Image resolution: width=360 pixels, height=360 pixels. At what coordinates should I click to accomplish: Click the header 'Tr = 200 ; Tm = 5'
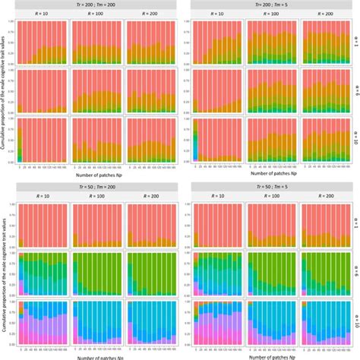click(x=270, y=4)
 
